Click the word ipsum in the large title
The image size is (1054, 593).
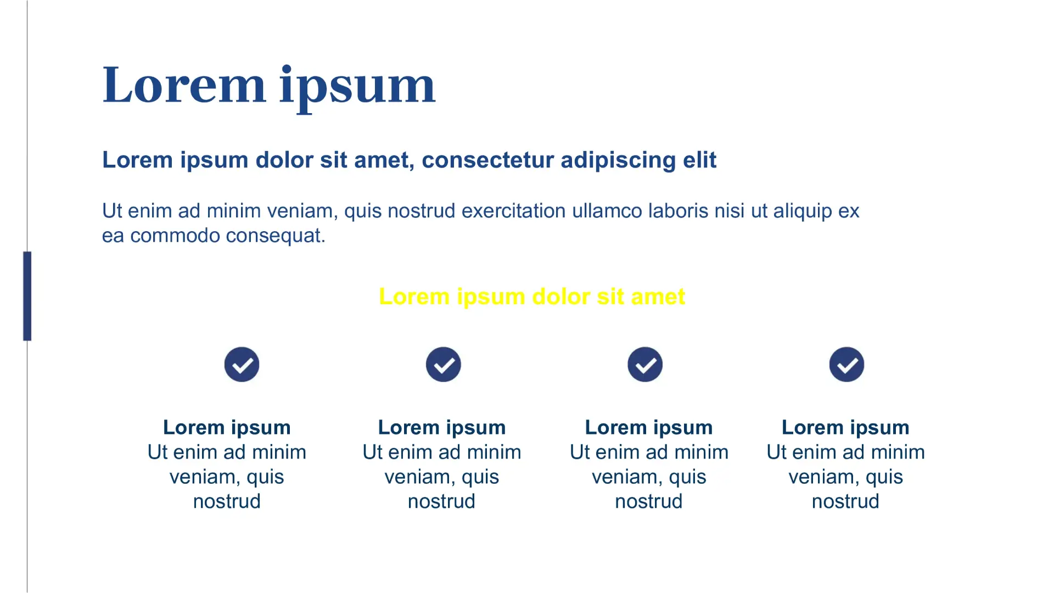point(357,88)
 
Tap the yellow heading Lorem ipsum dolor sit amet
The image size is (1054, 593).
point(532,296)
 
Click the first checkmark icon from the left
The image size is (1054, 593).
point(242,365)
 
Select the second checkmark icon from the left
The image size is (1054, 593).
point(444,365)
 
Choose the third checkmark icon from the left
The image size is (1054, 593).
point(645,365)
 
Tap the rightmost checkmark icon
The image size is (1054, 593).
point(846,365)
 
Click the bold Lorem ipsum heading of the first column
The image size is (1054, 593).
point(227,428)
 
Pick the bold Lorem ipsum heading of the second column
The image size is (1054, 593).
point(442,428)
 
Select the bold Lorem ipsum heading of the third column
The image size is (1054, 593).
point(649,428)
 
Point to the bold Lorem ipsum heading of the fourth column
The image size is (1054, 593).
point(845,428)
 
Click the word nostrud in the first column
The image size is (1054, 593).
point(227,501)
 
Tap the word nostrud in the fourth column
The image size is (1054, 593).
point(845,501)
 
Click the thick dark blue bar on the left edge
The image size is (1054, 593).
point(27,296)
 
